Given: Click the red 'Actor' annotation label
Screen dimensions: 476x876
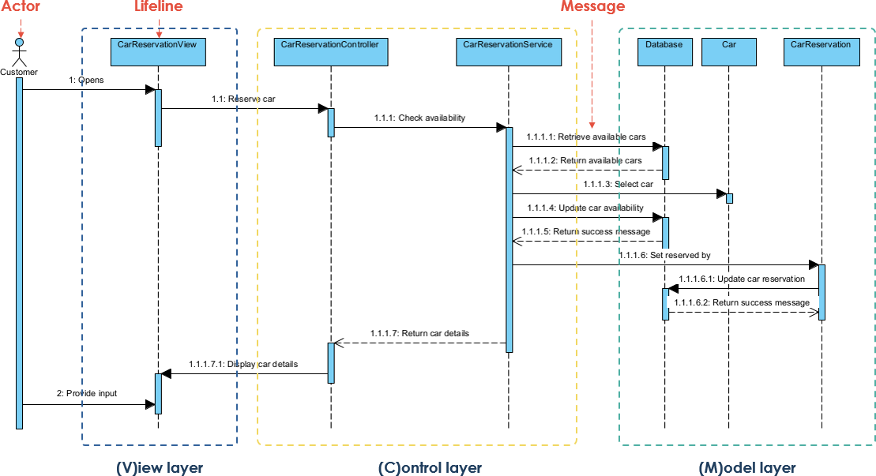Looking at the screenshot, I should click(21, 7).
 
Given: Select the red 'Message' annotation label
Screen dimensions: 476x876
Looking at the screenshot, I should click(592, 7).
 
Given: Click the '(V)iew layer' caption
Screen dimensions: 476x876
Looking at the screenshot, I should click(159, 467).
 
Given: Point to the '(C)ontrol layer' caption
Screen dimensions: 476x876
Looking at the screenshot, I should click(430, 467).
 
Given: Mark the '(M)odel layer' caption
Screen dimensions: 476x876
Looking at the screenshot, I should click(747, 467).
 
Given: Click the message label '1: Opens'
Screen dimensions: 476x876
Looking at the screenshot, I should click(86, 81).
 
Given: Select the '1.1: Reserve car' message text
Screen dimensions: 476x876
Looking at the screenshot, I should click(243, 99).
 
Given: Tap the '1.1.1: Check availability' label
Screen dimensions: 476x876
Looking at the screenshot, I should click(419, 118).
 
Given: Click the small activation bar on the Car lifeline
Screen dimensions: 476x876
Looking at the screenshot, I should click(729, 198).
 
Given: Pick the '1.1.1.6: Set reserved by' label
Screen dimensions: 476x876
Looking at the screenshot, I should click(665, 256).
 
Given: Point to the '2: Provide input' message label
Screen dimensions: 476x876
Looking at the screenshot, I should click(87, 393).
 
